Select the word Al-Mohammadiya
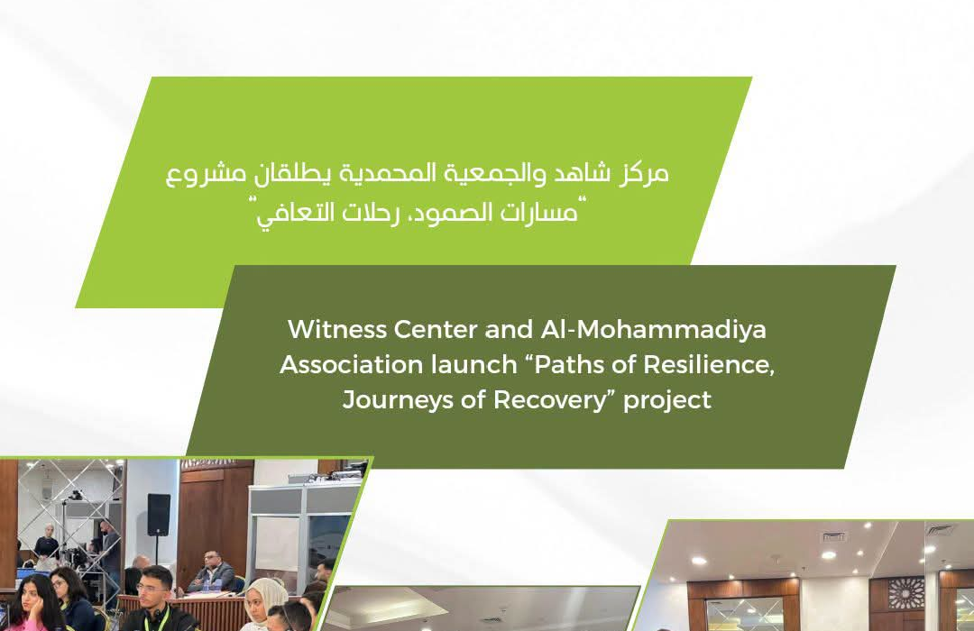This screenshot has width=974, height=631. coord(653,329)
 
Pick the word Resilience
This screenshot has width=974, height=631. coord(708,364)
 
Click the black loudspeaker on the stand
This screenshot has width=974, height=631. coord(159,514)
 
